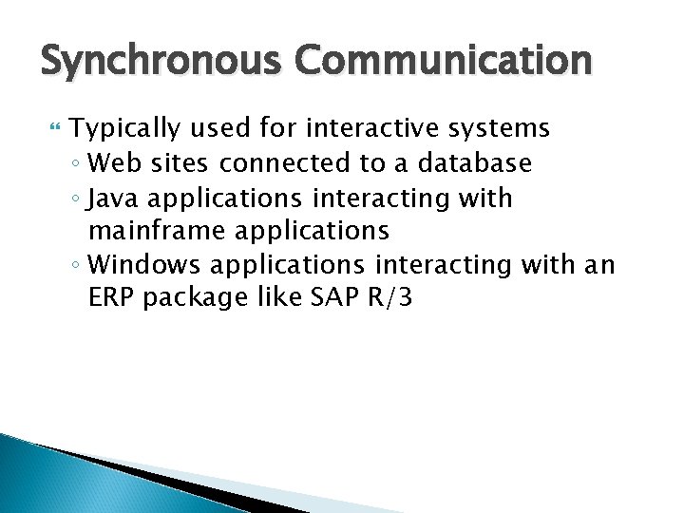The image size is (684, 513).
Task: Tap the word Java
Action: (114, 199)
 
